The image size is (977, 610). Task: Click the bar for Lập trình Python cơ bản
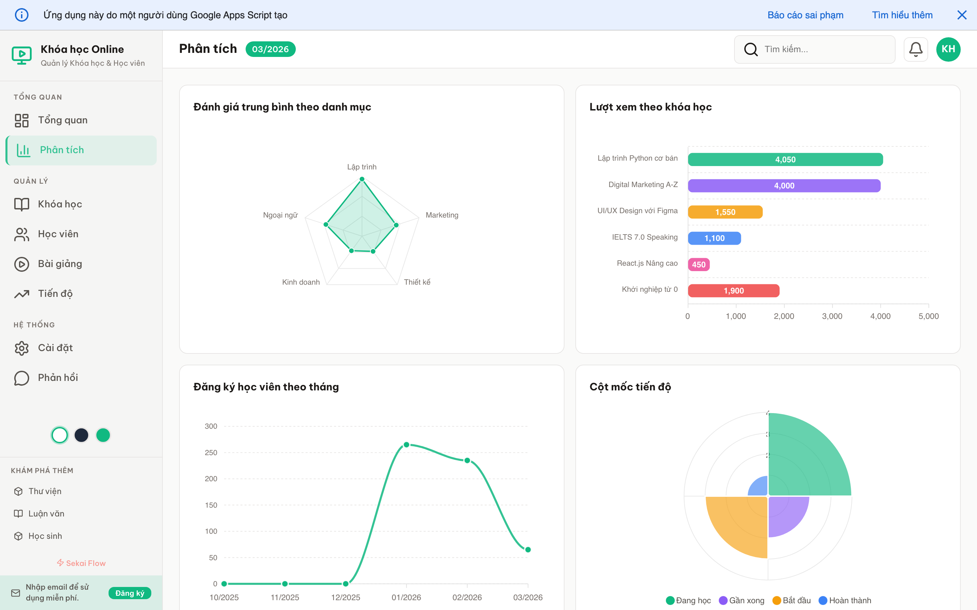pyautogui.click(x=785, y=159)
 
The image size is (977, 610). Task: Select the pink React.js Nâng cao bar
pyautogui.click(x=698, y=265)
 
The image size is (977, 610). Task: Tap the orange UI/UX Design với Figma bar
pyautogui.click(x=725, y=212)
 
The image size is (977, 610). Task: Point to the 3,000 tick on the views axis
pyautogui.click(x=832, y=316)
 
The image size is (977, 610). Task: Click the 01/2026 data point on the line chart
pyautogui.click(x=406, y=445)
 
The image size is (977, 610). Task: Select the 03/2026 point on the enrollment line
pyautogui.click(x=528, y=549)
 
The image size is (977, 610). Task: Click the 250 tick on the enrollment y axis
pyautogui.click(x=211, y=453)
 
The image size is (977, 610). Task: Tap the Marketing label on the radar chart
pyautogui.click(x=442, y=215)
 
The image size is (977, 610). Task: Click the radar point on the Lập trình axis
pyautogui.click(x=362, y=179)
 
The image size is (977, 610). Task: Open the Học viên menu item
pyautogui.click(x=58, y=234)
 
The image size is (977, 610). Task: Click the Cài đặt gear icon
pyautogui.click(x=21, y=348)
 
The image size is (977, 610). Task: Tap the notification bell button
pyautogui.click(x=915, y=49)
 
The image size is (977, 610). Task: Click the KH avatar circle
pyautogui.click(x=948, y=49)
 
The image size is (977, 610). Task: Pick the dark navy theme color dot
pyautogui.click(x=81, y=435)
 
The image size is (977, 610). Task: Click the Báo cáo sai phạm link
pyautogui.click(x=805, y=15)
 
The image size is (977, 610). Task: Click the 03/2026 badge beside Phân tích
pyautogui.click(x=270, y=49)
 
